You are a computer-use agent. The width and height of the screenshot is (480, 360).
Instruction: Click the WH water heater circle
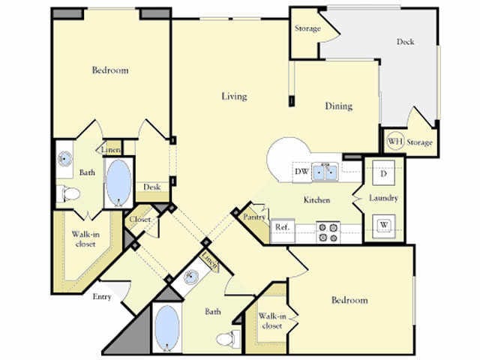tap(395, 141)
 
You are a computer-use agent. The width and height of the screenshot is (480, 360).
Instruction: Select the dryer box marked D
tap(383, 175)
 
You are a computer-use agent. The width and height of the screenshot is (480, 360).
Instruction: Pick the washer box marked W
tap(383, 223)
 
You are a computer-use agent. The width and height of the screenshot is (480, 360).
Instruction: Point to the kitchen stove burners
tap(328, 232)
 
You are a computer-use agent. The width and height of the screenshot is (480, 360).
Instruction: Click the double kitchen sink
tap(325, 172)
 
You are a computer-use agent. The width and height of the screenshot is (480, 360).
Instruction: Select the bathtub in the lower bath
tap(166, 328)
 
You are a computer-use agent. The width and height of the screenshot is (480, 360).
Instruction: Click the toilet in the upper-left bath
tap(69, 194)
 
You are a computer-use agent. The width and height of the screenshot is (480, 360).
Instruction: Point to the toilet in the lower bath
tap(227, 338)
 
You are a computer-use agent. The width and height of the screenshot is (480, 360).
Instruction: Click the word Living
tap(234, 96)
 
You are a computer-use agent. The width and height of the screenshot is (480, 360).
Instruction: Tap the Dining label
tap(338, 106)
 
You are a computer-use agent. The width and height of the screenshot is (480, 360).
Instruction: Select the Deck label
tap(406, 42)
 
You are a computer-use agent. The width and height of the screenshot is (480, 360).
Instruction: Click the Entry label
tap(102, 296)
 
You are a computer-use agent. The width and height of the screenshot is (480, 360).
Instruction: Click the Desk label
tap(152, 187)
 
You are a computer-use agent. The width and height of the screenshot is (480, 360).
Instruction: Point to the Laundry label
tap(383, 198)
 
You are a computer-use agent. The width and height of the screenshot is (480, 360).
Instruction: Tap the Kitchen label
tap(316, 201)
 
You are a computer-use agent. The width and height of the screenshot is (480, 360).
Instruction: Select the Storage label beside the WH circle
tap(421, 142)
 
